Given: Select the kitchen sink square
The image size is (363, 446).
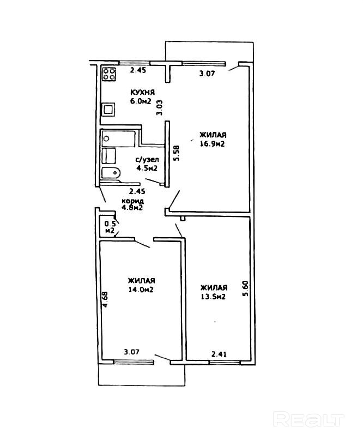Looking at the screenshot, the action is point(109,109).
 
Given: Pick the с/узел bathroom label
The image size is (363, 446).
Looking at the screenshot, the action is point(147,159).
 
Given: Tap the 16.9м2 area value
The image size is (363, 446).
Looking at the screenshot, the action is point(213,144).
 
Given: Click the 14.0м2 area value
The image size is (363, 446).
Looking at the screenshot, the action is point(140,290).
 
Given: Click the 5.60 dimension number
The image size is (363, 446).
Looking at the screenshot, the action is point(246,288).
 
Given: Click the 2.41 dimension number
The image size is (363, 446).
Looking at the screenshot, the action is point(219,354).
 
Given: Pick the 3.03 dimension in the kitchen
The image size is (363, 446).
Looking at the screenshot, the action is point(160,107).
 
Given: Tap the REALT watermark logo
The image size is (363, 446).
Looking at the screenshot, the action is point(309,420).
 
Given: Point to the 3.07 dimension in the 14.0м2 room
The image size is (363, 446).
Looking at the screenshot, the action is point(132,352).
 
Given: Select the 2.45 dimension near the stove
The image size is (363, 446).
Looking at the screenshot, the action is point(138,70).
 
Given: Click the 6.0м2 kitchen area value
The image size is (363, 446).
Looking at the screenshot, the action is point(140,101).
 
